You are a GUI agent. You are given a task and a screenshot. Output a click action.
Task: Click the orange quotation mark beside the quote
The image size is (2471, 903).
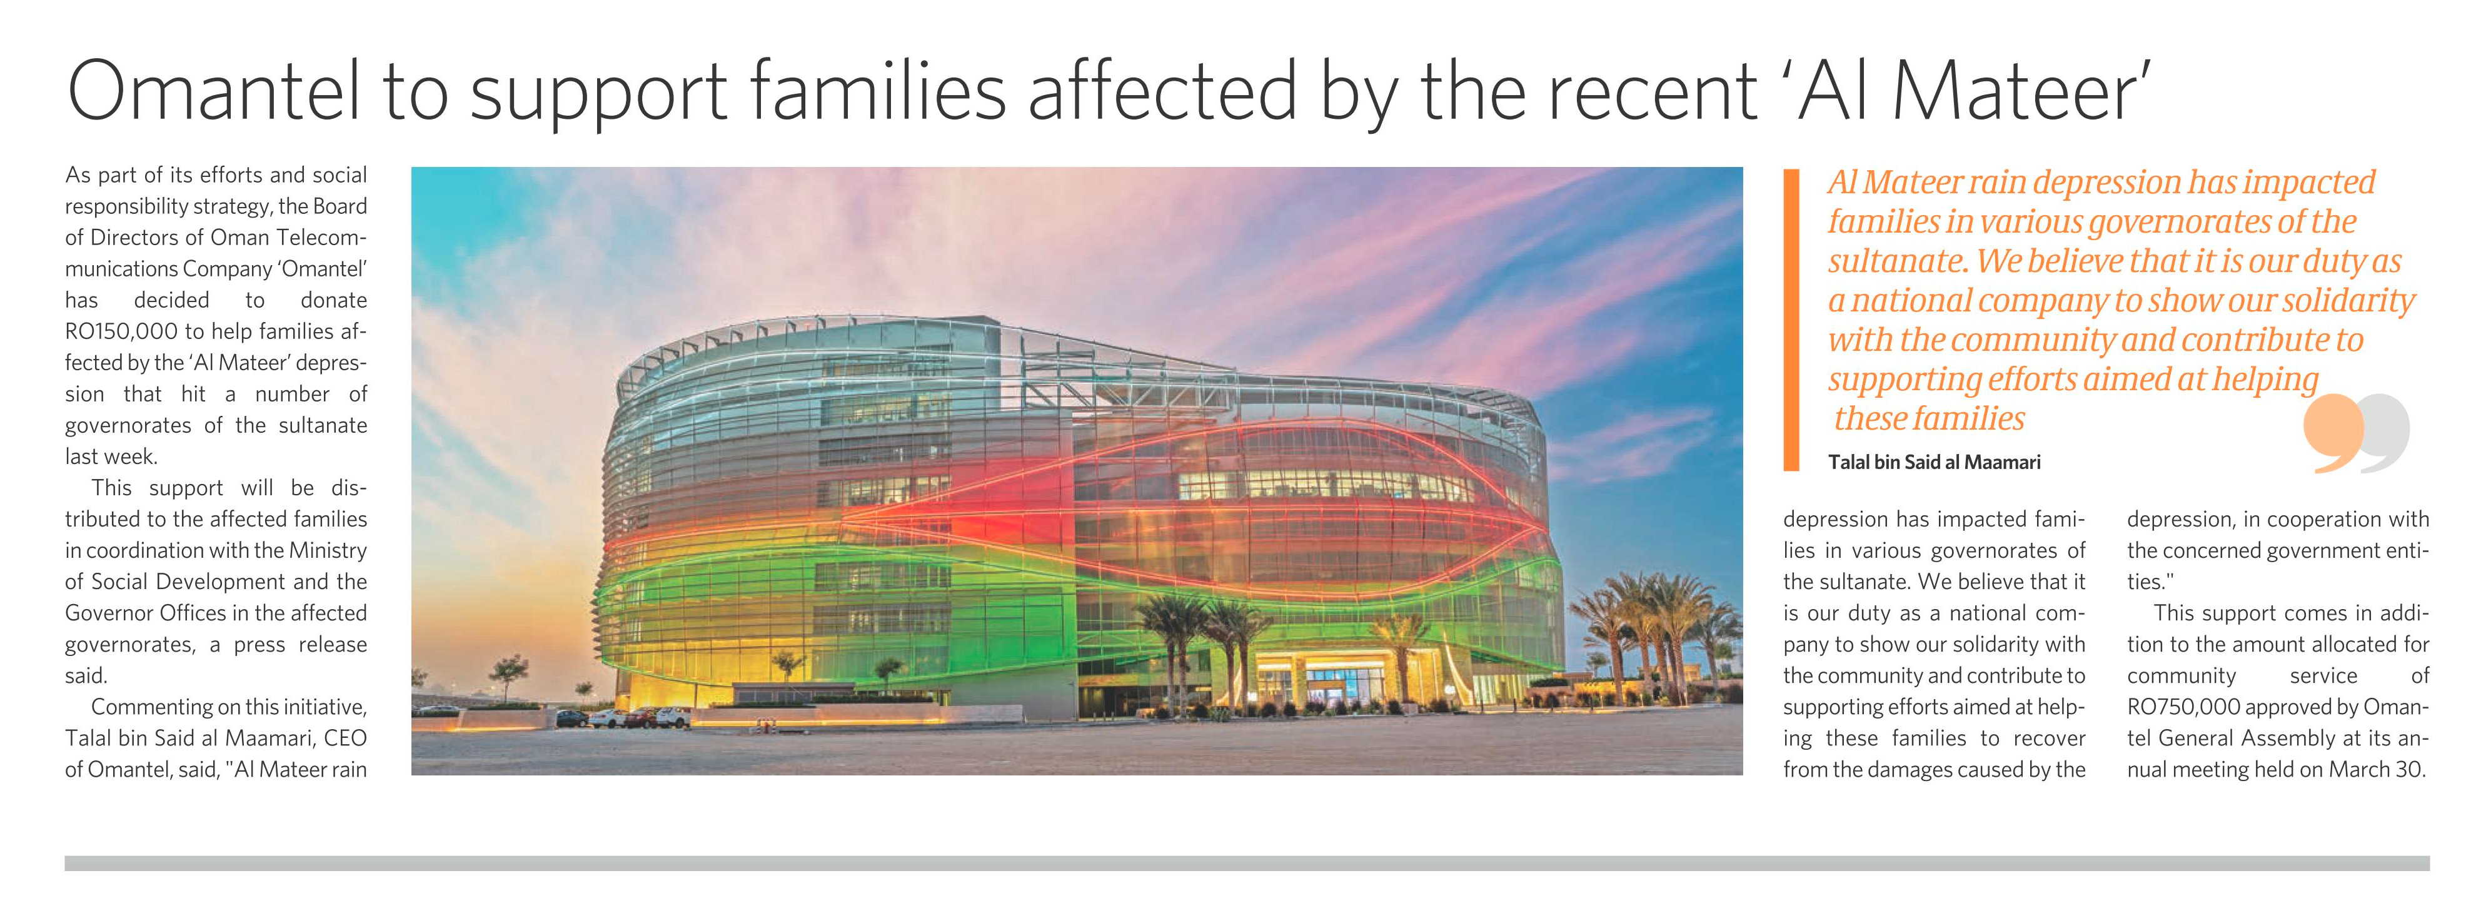click(2332, 435)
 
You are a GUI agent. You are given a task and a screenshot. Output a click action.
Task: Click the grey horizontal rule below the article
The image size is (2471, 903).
click(1247, 864)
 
